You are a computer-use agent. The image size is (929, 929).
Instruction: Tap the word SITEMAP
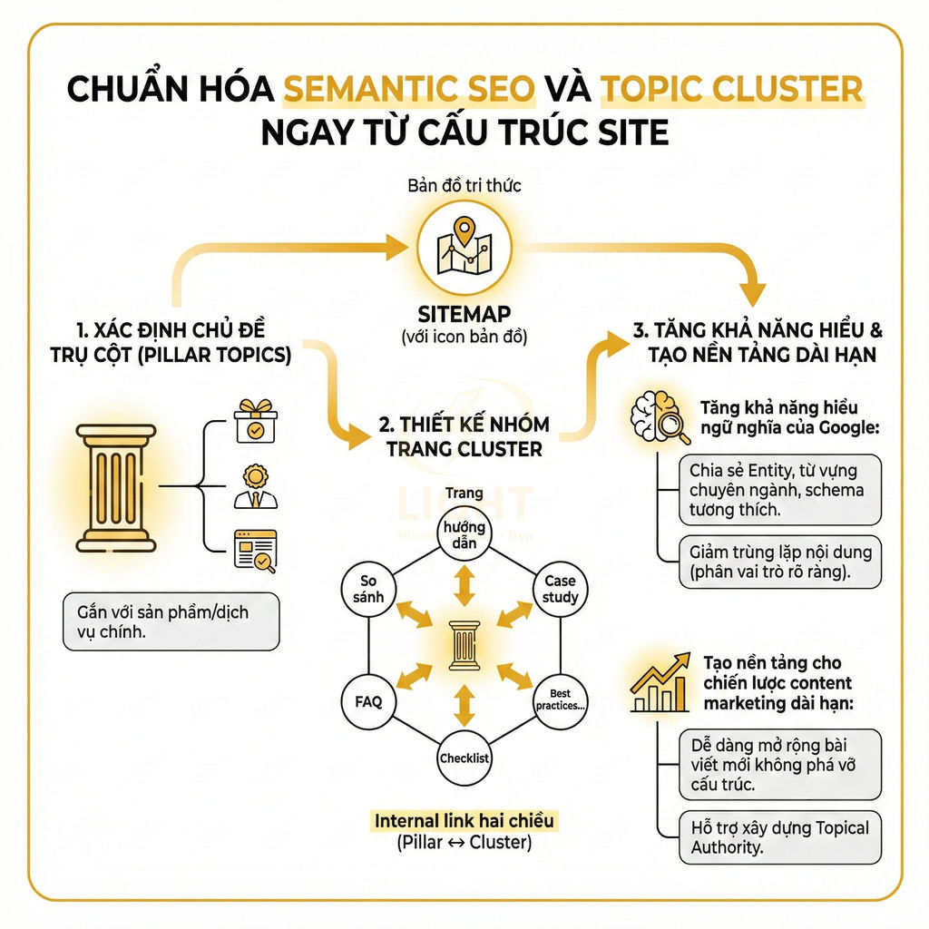point(464,315)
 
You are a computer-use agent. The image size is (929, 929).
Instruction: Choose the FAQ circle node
point(368,701)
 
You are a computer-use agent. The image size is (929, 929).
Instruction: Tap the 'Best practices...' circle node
point(560,701)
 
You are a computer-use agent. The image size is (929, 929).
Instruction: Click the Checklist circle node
point(464,758)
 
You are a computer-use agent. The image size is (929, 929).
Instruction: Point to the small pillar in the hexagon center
point(464,646)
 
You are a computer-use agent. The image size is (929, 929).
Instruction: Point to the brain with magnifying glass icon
point(660,420)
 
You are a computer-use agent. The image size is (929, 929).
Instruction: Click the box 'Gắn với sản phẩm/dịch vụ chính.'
point(171,621)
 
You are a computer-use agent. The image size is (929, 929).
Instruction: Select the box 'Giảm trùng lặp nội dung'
point(780,562)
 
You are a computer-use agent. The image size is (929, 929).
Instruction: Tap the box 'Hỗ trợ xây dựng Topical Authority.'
point(780,837)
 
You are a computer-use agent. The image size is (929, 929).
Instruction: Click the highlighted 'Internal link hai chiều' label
point(464,821)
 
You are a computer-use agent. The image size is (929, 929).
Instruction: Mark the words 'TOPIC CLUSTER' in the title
point(731,89)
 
